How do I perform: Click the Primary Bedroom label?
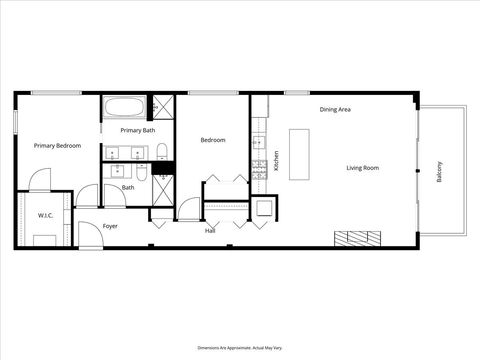click(x=57, y=146)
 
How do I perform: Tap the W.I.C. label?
click(x=45, y=215)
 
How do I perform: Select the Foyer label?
click(x=110, y=226)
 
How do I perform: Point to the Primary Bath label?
click(x=137, y=130)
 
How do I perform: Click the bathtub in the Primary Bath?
click(x=124, y=107)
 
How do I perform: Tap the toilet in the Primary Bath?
click(x=161, y=152)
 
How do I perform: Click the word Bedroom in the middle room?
click(x=213, y=140)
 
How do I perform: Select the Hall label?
click(x=210, y=231)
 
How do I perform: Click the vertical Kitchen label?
click(x=277, y=160)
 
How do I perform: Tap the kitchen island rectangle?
click(x=300, y=153)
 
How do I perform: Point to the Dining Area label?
click(x=335, y=109)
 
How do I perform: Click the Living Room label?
click(x=363, y=168)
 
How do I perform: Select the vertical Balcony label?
click(x=439, y=171)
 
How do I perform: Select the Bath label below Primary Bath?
click(x=128, y=187)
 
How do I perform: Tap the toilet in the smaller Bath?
click(x=141, y=174)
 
